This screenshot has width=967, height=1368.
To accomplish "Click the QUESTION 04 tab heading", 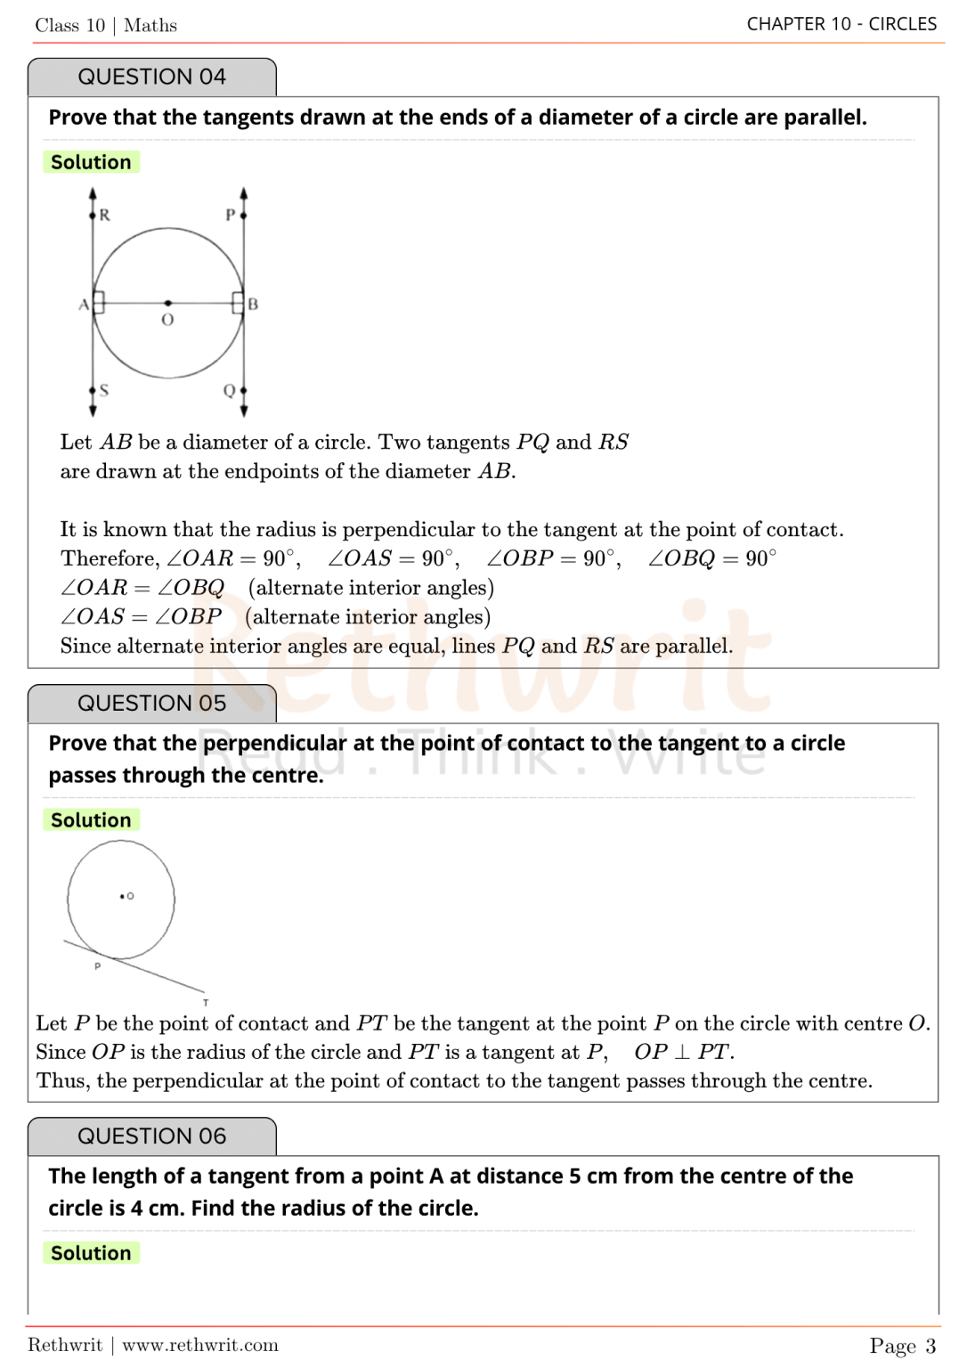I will click(151, 77).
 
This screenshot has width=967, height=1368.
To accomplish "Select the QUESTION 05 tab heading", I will click(151, 704).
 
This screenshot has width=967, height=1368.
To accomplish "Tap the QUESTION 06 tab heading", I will click(151, 1136).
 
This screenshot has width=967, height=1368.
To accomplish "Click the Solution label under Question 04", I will click(91, 162).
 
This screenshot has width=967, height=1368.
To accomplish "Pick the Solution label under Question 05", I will click(91, 820).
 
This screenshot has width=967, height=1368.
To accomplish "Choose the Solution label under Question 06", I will click(91, 1253).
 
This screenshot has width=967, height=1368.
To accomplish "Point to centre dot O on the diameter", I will click(168, 304).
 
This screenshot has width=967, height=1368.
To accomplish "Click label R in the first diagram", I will click(105, 215).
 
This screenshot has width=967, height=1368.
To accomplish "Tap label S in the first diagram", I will click(104, 390).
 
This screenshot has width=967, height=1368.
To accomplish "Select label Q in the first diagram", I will click(229, 390).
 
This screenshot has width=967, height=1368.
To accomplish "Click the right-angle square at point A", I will click(99, 303).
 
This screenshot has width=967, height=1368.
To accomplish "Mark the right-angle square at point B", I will click(238, 303).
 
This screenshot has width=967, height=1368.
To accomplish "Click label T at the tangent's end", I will click(206, 1002).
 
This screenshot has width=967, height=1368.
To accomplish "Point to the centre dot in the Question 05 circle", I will click(122, 896).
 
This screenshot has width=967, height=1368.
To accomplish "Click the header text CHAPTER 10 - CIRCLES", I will click(841, 24).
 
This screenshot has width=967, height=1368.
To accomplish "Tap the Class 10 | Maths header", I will click(106, 26).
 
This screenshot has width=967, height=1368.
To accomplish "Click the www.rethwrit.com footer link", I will click(200, 1345).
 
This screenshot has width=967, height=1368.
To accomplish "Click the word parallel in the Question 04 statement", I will click(824, 118).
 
